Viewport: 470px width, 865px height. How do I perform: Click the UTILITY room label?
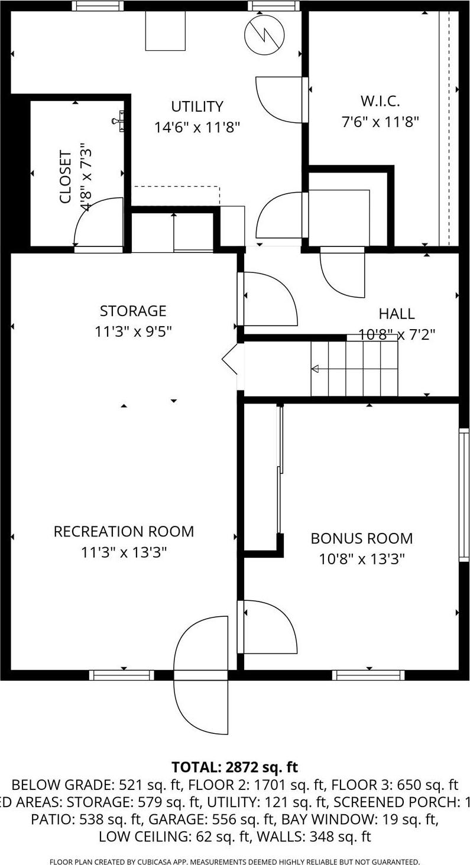197,106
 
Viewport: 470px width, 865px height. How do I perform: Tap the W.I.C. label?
380,100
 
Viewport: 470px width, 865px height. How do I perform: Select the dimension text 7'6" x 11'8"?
380,122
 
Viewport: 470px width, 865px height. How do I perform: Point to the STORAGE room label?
133,311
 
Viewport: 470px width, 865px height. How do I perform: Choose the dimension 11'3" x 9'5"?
133,331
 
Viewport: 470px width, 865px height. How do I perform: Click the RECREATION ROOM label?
124,531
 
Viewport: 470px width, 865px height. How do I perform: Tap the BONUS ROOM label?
361,538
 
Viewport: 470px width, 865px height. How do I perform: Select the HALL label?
396,314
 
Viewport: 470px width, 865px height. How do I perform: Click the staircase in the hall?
355,369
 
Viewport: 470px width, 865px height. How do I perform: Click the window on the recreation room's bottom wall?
122,675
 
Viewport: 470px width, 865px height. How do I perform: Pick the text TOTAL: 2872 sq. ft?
235,767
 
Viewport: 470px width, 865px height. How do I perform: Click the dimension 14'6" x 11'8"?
197,128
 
